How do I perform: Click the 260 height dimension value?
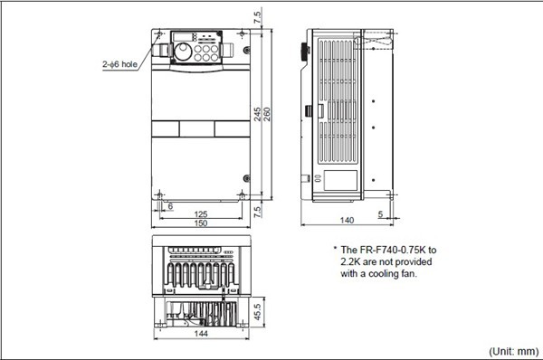(x=267, y=114)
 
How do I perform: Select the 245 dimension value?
(x=258, y=114)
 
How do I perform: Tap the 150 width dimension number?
(x=201, y=223)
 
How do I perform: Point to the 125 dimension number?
(x=201, y=214)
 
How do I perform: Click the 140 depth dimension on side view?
(x=347, y=221)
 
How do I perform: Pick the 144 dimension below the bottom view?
(x=201, y=334)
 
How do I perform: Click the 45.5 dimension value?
(x=258, y=312)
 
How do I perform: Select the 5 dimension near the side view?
(x=380, y=214)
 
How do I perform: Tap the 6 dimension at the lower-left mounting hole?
(x=170, y=206)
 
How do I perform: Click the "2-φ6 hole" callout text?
(x=119, y=64)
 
